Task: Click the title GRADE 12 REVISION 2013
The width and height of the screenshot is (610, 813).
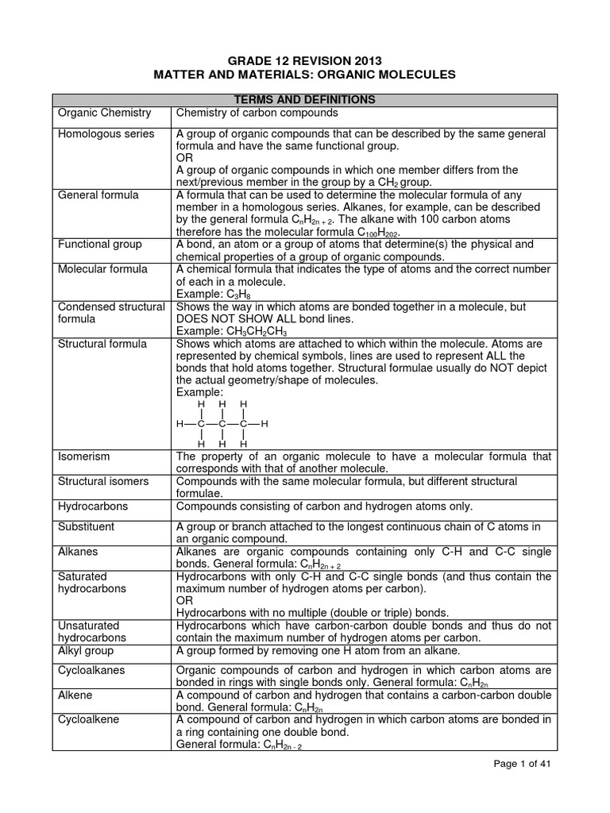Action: pos(305,60)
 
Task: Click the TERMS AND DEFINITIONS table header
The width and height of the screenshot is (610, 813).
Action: pos(305,100)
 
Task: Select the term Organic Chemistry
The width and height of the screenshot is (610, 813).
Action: pos(104,114)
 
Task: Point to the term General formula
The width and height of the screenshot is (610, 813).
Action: pos(98,195)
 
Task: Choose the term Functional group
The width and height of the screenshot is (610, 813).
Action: pos(102,244)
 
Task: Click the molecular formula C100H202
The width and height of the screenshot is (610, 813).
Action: pos(373,232)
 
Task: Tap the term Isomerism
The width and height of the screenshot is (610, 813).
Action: pos(84,457)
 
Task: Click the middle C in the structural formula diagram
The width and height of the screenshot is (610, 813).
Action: pos(222,424)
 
